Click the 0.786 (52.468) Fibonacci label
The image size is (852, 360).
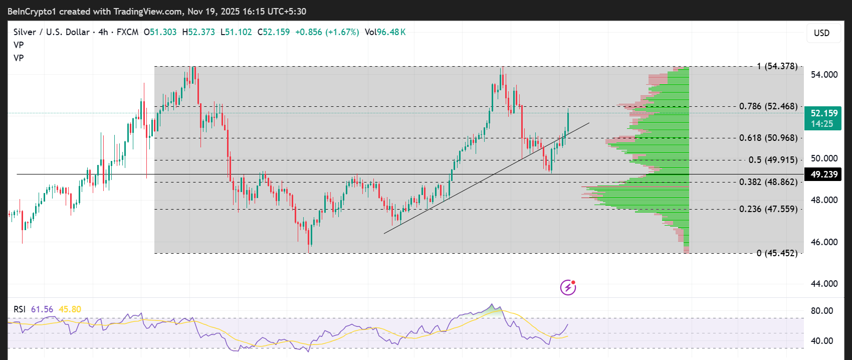pos(768,106)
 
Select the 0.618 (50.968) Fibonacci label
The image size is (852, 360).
pos(768,138)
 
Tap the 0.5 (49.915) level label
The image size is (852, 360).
pos(773,160)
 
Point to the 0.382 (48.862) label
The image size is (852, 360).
pos(768,182)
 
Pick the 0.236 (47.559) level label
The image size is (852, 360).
pos(768,209)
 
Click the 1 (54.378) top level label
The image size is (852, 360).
pos(777,66)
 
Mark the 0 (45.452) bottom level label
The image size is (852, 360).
pos(777,253)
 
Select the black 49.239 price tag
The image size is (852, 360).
pos(823,174)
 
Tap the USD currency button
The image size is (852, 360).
pos(821,33)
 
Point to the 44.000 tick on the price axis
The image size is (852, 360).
pos(824,284)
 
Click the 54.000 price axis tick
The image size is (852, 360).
pos(824,75)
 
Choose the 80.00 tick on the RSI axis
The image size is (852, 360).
pos(822,311)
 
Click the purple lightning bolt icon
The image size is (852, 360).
pos(568,287)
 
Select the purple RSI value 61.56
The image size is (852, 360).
pos(42,309)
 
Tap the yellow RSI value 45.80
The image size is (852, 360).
pos(70,309)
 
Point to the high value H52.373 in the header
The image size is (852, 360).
pos(198,32)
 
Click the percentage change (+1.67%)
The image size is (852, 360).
pos(342,32)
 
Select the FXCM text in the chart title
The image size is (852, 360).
pos(127,32)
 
